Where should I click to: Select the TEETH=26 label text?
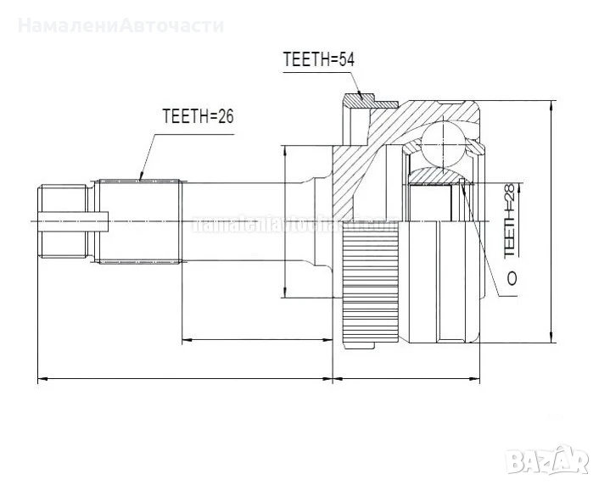198,117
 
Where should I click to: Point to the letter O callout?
511,277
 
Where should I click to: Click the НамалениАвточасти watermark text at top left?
120,25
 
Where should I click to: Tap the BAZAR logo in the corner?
553,463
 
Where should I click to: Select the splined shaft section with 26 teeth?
141,220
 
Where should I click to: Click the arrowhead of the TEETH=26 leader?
142,178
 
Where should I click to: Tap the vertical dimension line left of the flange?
285,222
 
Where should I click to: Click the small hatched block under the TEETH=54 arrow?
367,104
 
